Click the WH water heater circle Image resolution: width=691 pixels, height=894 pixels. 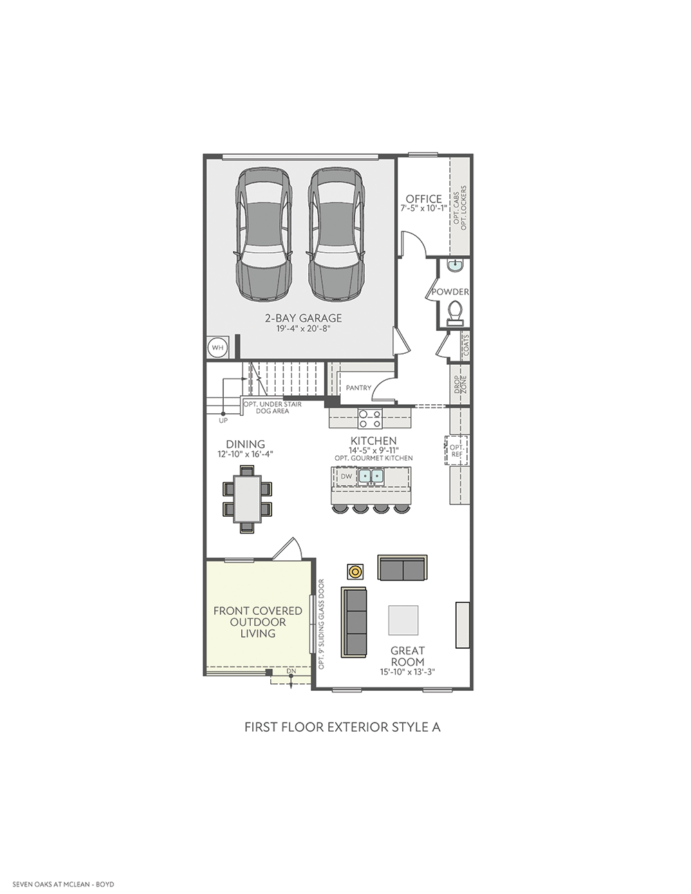click(x=218, y=348)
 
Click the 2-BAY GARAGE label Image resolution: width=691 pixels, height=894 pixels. click(x=303, y=318)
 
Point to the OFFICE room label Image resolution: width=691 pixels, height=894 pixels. click(x=424, y=199)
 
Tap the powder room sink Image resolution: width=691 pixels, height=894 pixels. click(x=455, y=265)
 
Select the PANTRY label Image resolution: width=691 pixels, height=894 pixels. click(x=358, y=388)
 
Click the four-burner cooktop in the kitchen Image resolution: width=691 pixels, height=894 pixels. click(x=370, y=418)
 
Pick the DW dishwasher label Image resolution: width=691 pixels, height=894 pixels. click(x=346, y=477)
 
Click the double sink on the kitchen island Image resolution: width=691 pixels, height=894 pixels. click(x=372, y=476)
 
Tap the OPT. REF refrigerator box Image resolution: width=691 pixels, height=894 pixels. click(x=457, y=450)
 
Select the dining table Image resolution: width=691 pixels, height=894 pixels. click(x=247, y=499)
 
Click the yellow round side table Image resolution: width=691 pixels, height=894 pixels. click(x=355, y=571)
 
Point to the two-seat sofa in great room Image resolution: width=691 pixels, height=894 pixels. click(x=402, y=568)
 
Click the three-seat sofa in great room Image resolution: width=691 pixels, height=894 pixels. click(x=354, y=622)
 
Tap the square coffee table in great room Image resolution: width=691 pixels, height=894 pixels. click(x=404, y=620)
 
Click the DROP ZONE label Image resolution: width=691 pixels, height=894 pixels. click(x=460, y=385)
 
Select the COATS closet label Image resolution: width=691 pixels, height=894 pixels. click(x=466, y=345)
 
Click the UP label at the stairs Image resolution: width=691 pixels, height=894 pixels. click(x=223, y=421)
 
